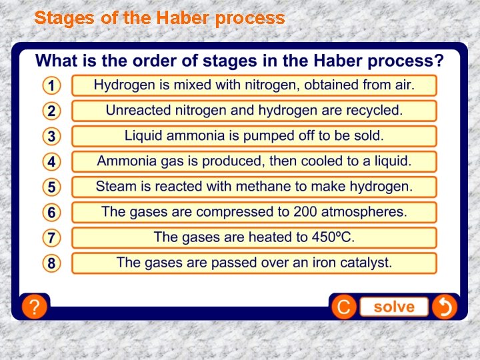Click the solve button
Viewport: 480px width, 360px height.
coord(393,307)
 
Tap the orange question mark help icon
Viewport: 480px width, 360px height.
coord(34,307)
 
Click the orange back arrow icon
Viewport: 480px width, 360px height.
coord(444,307)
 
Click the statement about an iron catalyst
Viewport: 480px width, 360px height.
coord(254,263)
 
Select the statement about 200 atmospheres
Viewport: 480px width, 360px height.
coord(254,212)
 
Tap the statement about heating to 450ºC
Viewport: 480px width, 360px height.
coord(254,237)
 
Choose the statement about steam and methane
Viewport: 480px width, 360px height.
coord(254,187)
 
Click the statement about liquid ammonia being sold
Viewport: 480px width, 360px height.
coord(254,136)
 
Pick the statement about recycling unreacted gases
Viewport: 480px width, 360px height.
coord(254,111)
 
